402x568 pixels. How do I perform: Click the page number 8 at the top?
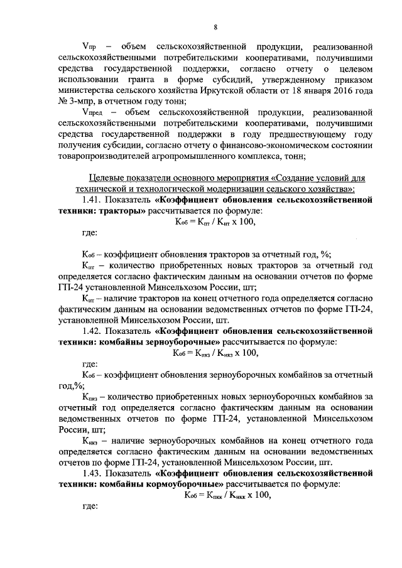(215, 27)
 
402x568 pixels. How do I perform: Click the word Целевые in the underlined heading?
(105, 178)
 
